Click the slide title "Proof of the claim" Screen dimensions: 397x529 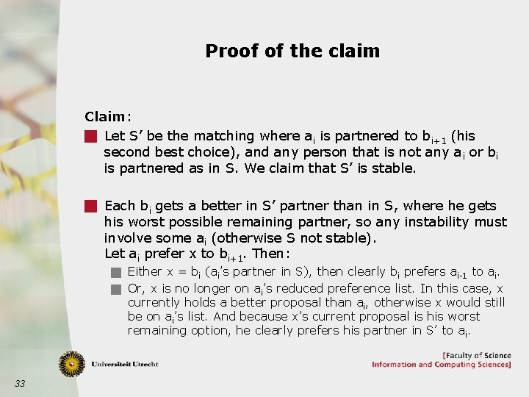(292, 51)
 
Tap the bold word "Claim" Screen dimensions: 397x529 (104, 116)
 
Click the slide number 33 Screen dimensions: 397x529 (20, 383)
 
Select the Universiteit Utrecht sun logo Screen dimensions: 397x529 (72, 363)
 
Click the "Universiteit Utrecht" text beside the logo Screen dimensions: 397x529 (124, 364)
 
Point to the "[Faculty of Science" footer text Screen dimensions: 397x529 (475, 356)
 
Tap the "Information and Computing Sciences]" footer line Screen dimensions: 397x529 (441, 365)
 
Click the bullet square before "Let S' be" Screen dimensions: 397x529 (91, 136)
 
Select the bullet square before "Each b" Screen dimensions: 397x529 (91, 207)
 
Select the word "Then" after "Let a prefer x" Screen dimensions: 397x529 (267, 254)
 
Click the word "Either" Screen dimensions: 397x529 (145, 272)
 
